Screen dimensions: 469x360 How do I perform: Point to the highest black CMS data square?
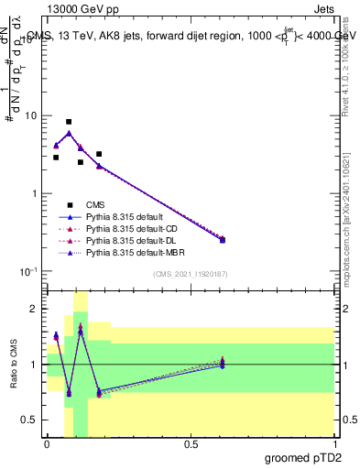(x=69, y=122)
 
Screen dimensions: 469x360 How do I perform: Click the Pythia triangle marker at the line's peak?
(x=69, y=133)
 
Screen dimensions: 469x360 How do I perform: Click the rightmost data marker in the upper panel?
(x=223, y=240)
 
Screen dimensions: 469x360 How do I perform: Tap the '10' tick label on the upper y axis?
(x=31, y=116)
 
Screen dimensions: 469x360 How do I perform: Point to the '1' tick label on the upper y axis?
(x=35, y=194)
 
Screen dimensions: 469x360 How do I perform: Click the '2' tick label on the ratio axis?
(x=35, y=309)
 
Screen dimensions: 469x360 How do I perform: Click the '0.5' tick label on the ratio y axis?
(x=30, y=420)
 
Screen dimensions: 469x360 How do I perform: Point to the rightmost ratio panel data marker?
(x=223, y=364)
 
